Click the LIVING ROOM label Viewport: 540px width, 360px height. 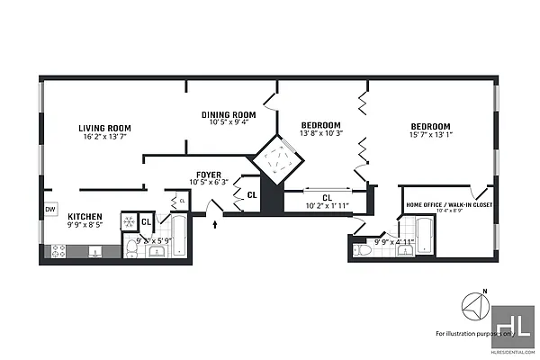(104, 129)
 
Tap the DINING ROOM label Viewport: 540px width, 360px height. (228, 115)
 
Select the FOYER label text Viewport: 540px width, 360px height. (210, 175)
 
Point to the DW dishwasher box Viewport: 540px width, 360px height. (49, 210)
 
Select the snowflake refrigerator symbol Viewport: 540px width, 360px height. (129, 220)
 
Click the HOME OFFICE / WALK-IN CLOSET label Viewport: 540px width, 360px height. (448, 204)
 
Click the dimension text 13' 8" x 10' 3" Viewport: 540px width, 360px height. (320, 134)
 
